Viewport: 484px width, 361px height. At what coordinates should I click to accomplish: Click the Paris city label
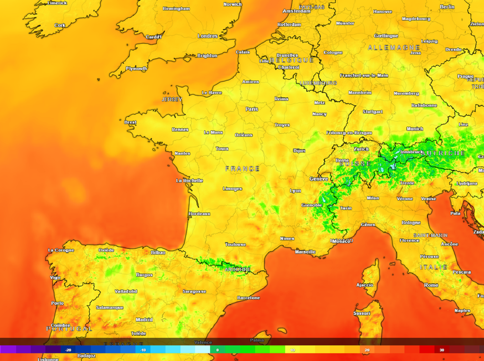click(252, 109)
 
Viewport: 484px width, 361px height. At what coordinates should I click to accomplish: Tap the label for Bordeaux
click(199, 214)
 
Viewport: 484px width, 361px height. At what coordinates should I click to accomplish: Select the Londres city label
click(207, 36)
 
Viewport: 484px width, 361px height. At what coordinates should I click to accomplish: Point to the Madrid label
click(144, 320)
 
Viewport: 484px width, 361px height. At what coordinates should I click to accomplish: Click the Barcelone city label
click(248, 298)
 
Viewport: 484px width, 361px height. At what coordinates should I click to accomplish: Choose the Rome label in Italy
click(431, 285)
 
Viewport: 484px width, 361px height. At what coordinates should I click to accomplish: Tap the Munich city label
click(415, 129)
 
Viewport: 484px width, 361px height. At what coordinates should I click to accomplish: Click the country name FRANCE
click(242, 169)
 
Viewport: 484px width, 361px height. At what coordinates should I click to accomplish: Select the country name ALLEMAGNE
click(394, 48)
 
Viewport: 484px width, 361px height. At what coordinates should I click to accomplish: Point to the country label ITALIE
click(433, 267)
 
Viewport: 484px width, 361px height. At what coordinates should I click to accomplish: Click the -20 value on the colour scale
click(68, 350)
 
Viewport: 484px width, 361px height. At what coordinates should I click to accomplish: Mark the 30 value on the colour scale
click(441, 350)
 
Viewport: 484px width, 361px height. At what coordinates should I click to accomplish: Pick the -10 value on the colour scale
click(142, 350)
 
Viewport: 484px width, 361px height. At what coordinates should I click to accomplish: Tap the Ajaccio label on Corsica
click(364, 285)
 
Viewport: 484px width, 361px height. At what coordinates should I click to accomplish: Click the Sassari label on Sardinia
click(362, 313)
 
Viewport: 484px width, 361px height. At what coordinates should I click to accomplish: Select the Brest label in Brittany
click(130, 122)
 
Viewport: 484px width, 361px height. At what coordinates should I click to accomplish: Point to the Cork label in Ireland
click(60, 26)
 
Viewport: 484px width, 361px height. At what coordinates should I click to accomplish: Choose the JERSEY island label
click(172, 100)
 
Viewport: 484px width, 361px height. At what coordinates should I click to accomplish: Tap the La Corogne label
click(61, 250)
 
